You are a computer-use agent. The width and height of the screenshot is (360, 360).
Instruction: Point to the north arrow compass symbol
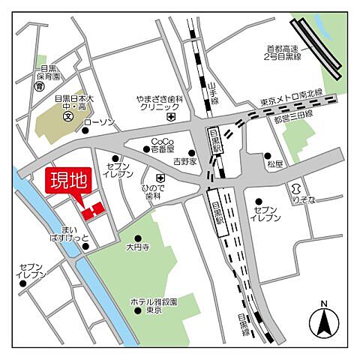(323, 322)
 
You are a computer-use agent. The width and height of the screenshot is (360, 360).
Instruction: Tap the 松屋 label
(274, 162)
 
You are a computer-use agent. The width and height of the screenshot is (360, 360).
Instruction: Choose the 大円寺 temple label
(137, 245)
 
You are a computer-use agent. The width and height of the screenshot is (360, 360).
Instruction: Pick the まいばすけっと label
(70, 232)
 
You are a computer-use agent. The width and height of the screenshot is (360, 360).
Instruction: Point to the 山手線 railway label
(214, 92)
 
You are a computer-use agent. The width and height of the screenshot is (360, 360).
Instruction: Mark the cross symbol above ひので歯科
(160, 178)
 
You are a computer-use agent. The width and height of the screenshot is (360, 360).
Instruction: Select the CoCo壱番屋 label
(162, 145)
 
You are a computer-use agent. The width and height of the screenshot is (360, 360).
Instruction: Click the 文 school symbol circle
(67, 116)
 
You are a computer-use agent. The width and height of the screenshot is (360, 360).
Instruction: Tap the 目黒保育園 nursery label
(46, 72)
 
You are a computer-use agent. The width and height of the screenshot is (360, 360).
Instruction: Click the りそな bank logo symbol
(297, 187)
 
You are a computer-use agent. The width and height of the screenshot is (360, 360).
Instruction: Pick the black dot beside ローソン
(85, 130)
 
